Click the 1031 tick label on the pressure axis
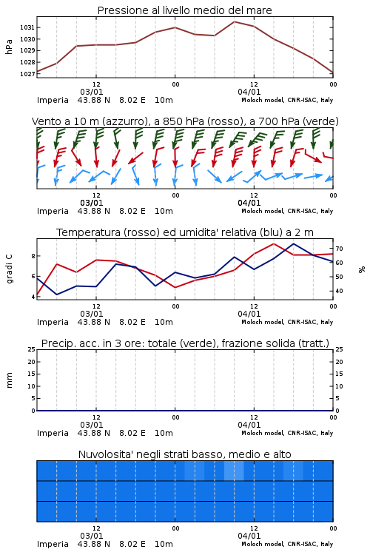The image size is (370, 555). tap(27, 27)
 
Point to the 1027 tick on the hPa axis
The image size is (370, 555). tap(27, 74)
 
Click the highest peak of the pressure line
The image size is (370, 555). tap(234, 21)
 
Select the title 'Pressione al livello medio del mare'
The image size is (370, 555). tap(184, 10)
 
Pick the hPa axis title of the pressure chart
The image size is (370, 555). tap(9, 47)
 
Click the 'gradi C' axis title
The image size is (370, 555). tap(9, 269)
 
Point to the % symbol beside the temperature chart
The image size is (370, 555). tap(362, 269)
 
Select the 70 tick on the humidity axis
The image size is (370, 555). tap(339, 249)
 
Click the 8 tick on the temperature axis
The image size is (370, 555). tap(33, 256)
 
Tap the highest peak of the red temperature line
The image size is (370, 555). tap(274, 243)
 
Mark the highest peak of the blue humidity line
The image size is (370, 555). tap(294, 243)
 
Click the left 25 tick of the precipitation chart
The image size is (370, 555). tap(32, 349)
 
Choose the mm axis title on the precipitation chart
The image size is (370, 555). tap(9, 380)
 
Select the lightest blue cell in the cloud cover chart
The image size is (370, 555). tap(234, 471)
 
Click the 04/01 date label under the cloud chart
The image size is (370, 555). tap(249, 536)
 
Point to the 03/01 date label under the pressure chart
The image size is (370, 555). tap(92, 92)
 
